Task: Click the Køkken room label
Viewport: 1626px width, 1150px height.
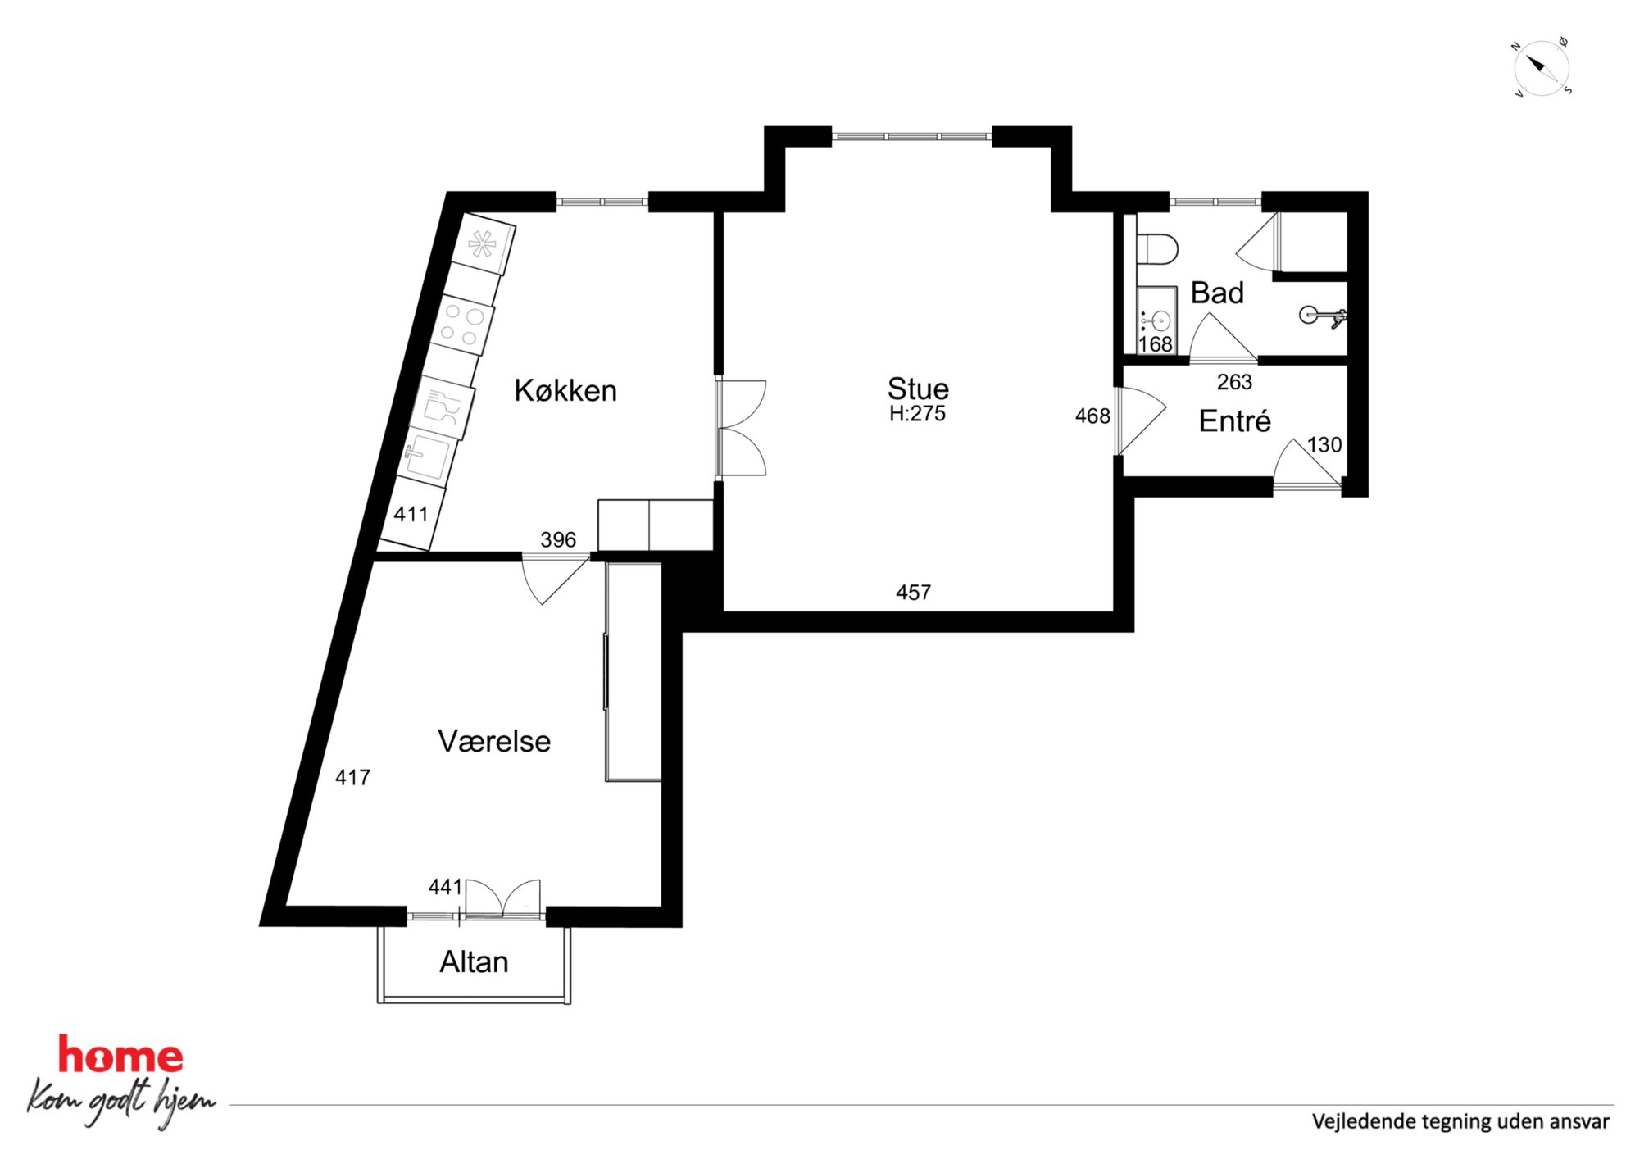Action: pyautogui.click(x=565, y=390)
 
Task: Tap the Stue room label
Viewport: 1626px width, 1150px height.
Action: pyautogui.click(x=918, y=388)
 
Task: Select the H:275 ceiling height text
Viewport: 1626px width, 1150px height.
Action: pyautogui.click(x=917, y=413)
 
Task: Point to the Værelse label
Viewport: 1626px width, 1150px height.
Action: pyautogui.click(x=494, y=741)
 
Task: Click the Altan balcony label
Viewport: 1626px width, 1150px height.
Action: pyautogui.click(x=474, y=961)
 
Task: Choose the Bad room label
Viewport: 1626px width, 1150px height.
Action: pyautogui.click(x=1217, y=293)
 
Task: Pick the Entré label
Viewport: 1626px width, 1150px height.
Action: pyautogui.click(x=1234, y=420)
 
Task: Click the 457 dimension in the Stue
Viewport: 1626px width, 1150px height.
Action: pyautogui.click(x=913, y=592)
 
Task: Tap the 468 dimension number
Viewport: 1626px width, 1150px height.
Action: pyautogui.click(x=1092, y=416)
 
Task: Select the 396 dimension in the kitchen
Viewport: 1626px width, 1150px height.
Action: pyautogui.click(x=558, y=539)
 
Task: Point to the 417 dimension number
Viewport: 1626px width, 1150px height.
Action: pyautogui.click(x=352, y=777)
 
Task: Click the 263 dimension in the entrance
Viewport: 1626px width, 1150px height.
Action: pyautogui.click(x=1234, y=382)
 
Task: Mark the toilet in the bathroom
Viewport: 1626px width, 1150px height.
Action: pyautogui.click(x=1156, y=248)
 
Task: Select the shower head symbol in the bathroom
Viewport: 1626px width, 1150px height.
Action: pyautogui.click(x=1321, y=316)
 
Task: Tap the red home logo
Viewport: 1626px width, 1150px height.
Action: pyautogui.click(x=120, y=1056)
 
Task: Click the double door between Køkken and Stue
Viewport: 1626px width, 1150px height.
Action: pyautogui.click(x=741, y=427)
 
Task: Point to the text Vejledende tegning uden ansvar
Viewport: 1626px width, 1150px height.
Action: pyautogui.click(x=1460, y=1121)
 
